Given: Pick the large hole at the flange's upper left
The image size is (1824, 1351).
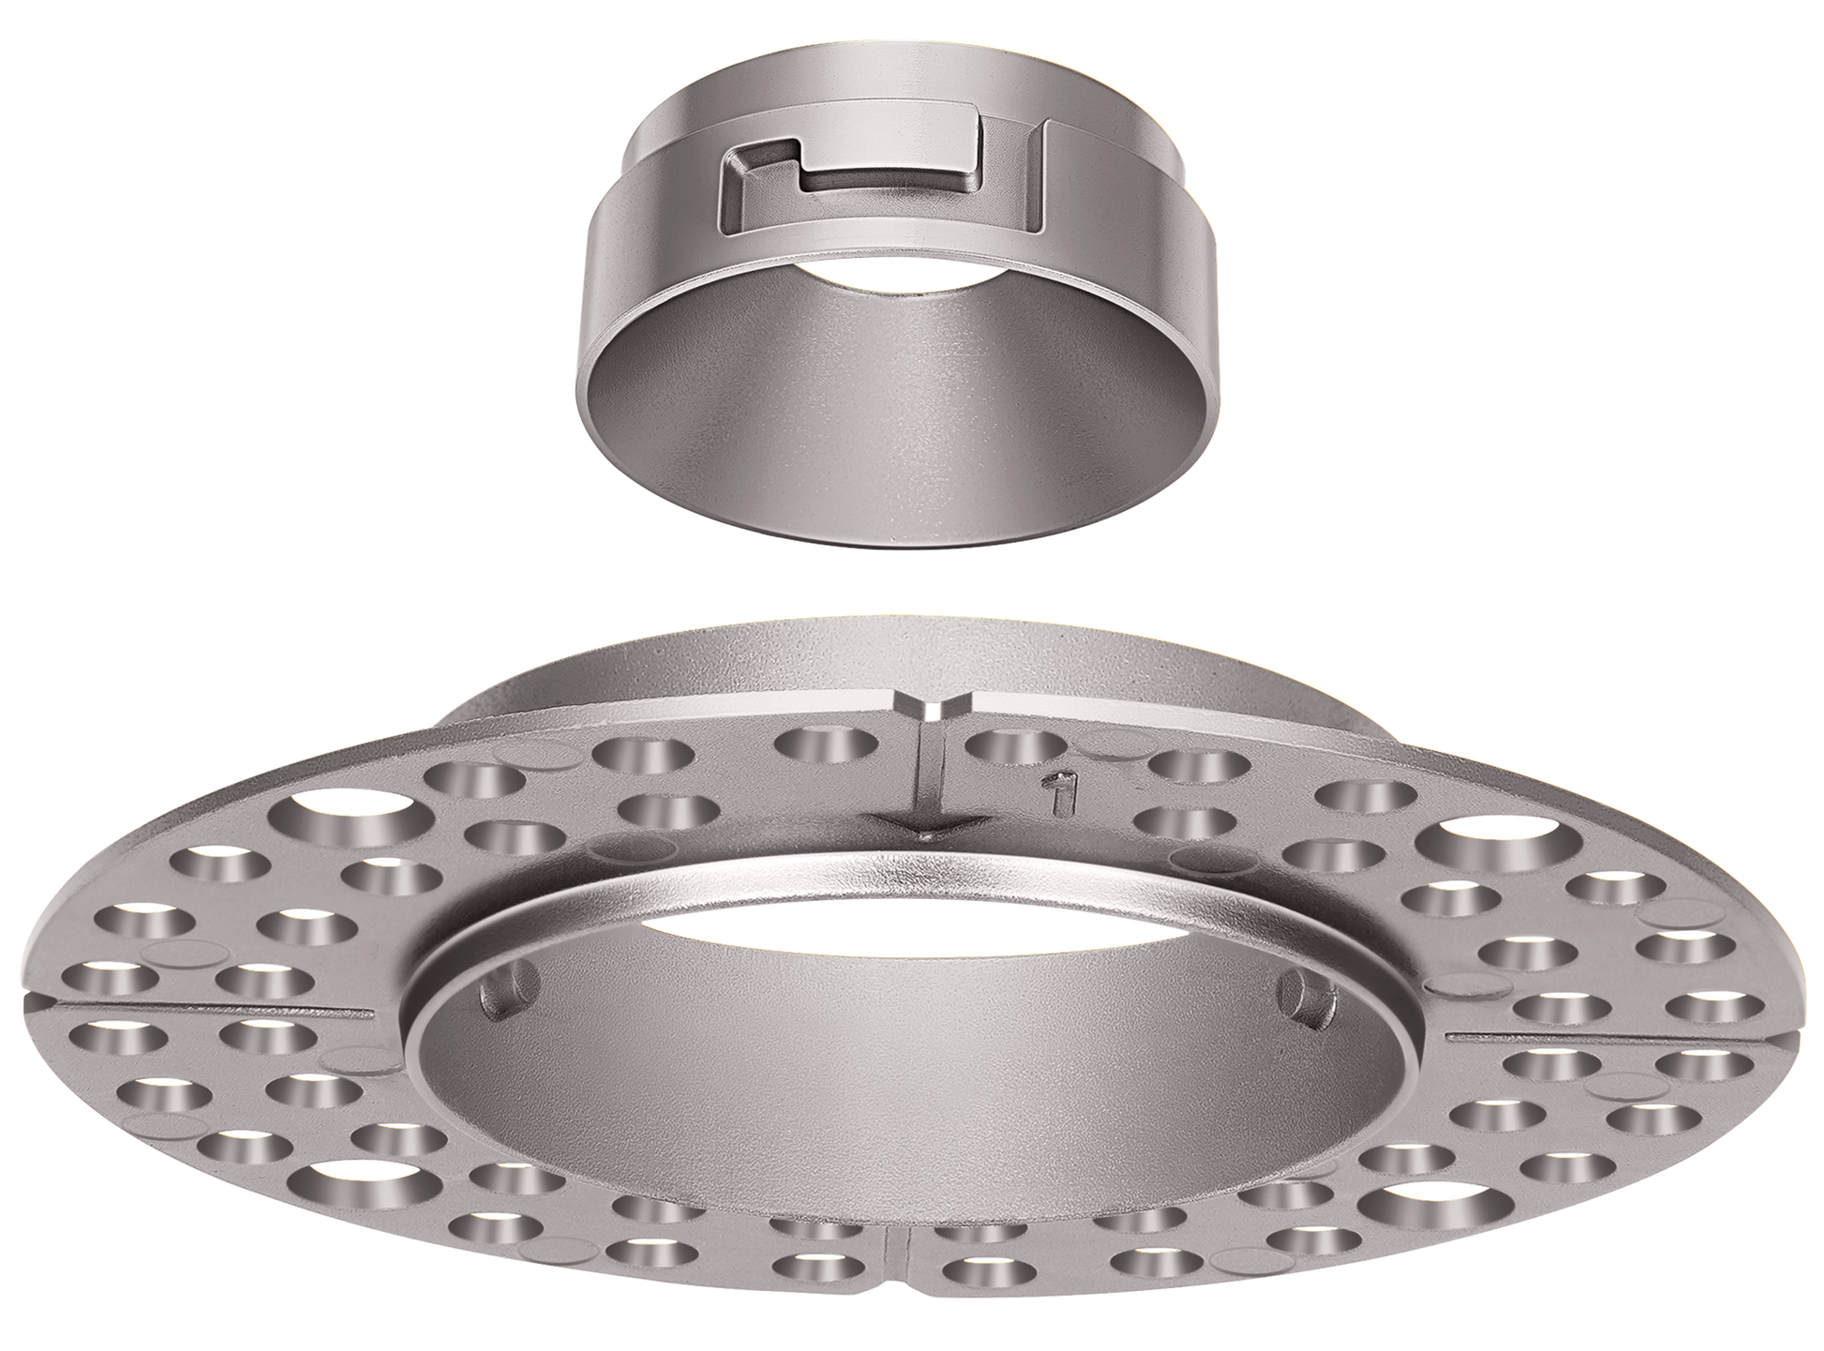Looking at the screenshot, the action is coord(344,811).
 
